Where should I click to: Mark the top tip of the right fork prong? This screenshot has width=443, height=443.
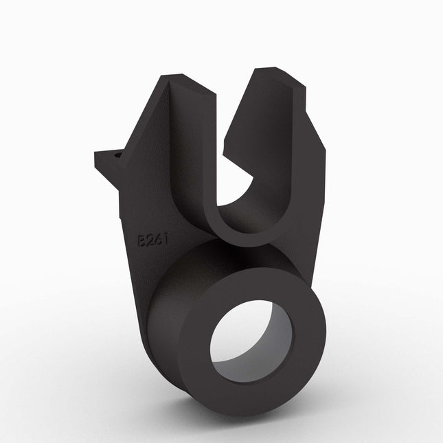(x=271, y=69)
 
